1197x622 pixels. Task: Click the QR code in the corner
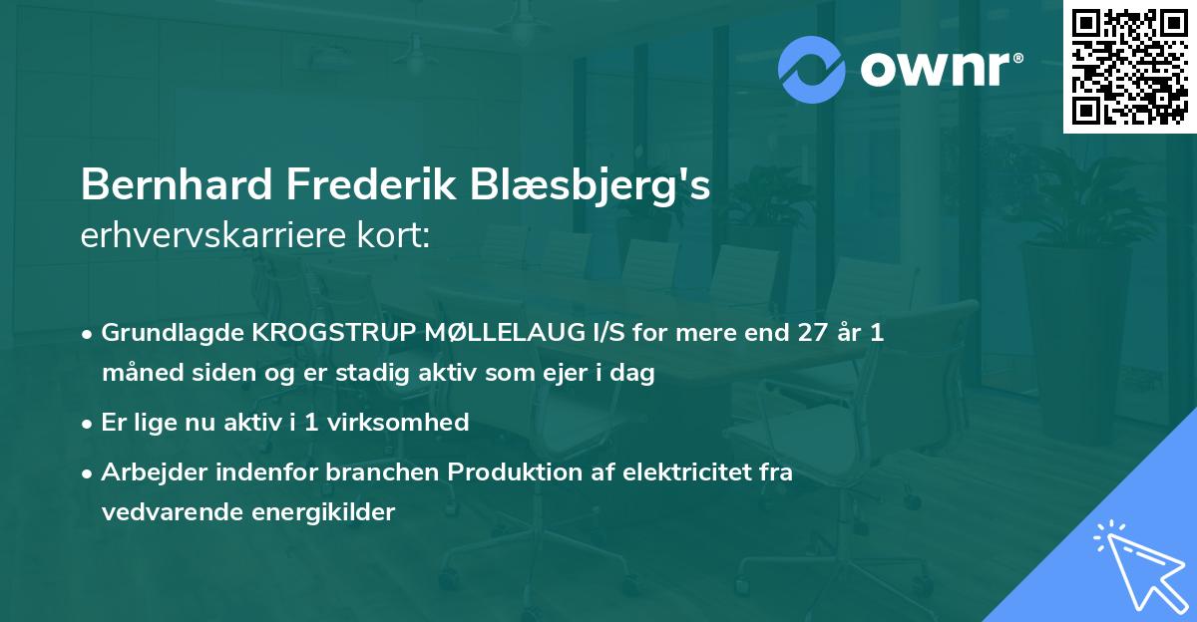(1130, 67)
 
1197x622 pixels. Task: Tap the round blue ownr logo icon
(812, 68)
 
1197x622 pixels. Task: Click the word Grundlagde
(163, 333)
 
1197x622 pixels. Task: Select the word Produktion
(505, 471)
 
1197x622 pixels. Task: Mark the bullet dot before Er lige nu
(89, 423)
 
